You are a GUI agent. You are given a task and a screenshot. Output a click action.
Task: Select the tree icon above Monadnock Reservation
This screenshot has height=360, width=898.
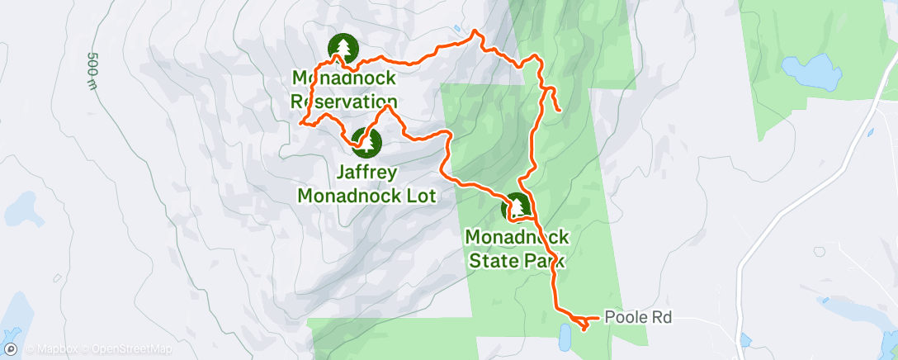(x=342, y=49)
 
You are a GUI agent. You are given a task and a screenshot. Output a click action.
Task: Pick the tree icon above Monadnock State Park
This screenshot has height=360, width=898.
(x=517, y=207)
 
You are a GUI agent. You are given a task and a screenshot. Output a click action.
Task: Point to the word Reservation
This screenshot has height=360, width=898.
(x=344, y=102)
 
